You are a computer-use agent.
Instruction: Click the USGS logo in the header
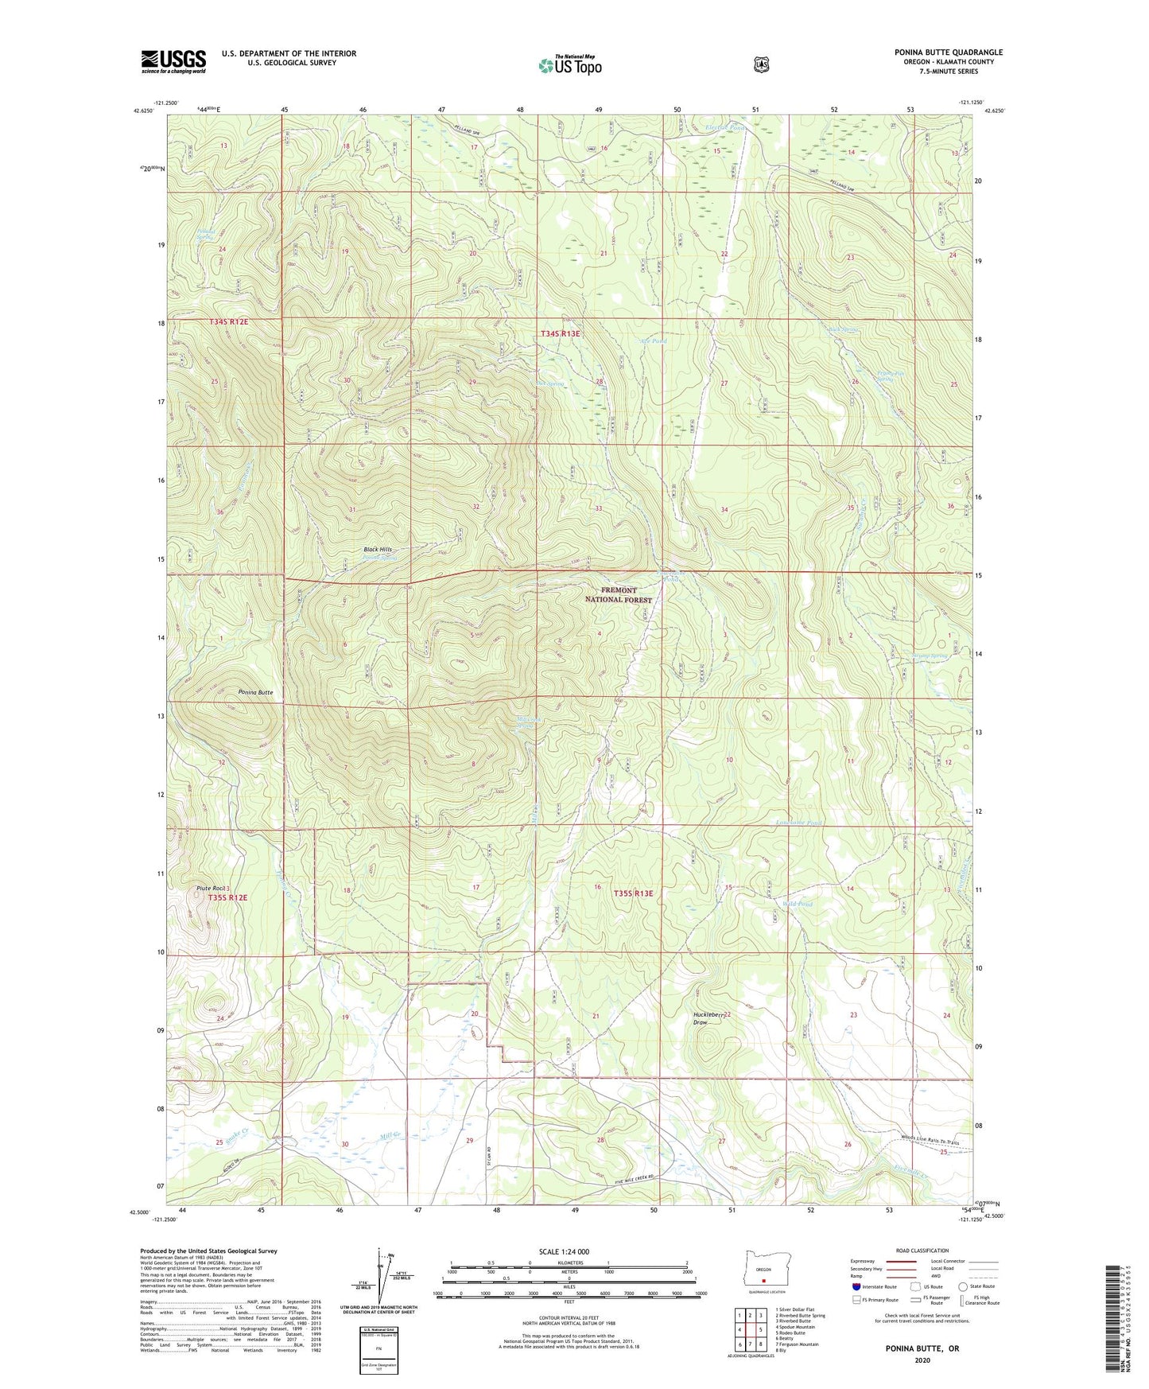173,61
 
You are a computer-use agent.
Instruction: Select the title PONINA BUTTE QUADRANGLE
948,53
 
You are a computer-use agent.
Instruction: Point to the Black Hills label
378,550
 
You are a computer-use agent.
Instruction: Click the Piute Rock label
212,888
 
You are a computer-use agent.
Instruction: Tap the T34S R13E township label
561,334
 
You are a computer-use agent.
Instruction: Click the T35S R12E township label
228,897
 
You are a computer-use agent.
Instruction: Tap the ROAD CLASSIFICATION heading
922,1251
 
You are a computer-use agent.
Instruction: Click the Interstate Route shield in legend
856,1286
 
